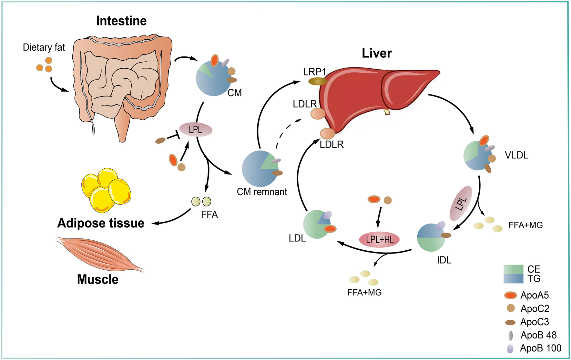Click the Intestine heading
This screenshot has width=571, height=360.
point(121,21)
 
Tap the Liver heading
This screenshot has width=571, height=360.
point(376,53)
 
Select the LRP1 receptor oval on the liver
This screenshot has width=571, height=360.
point(318,81)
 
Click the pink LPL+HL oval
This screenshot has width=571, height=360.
point(379,240)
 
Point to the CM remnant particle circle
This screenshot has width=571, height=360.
point(260,169)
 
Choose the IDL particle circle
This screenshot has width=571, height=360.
point(431,238)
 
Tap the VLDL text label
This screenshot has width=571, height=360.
point(516,155)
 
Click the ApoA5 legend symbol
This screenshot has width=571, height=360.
point(510,295)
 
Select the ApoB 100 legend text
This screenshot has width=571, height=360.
point(541,348)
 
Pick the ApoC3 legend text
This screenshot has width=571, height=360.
point(535,322)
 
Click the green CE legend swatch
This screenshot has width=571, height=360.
point(513,269)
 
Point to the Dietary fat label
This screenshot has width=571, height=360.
point(44,47)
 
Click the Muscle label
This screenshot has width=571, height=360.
point(97,279)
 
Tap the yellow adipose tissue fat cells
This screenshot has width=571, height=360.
point(106,190)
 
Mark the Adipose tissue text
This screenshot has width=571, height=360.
point(101,223)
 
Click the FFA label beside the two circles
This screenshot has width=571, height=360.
point(209,215)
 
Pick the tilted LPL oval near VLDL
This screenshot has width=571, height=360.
point(461,203)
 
